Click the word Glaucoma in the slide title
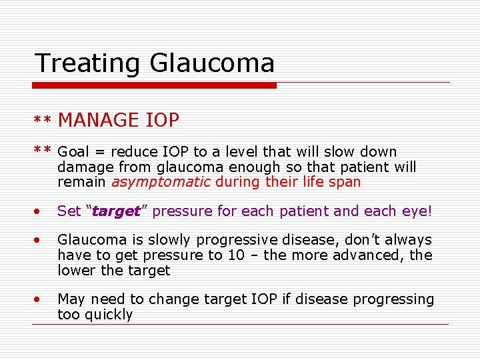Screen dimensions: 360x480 [212, 63]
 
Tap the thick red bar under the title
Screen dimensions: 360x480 [155, 85]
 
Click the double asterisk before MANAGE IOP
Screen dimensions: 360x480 [43, 121]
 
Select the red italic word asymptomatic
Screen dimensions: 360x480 [161, 181]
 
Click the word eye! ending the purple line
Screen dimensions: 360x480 [417, 211]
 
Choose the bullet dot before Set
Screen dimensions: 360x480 [38, 212]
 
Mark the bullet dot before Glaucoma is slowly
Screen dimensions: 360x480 [38, 240]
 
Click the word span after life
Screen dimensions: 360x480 [345, 181]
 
